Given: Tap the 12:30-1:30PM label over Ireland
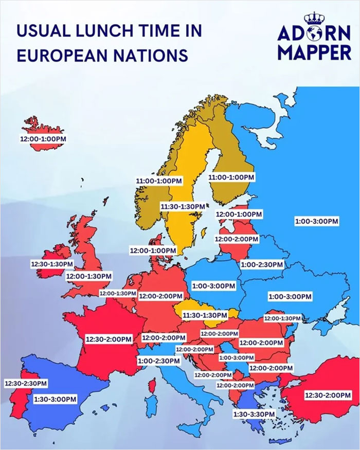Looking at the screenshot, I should pyautogui.click(x=51, y=263).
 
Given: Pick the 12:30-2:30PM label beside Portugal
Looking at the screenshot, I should pyautogui.click(x=26, y=383).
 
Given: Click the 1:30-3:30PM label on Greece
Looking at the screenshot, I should pyautogui.click(x=254, y=413).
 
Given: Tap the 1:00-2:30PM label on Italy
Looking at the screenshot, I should pyautogui.click(x=159, y=361).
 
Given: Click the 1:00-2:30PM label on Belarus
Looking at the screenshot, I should pyautogui.click(x=262, y=264).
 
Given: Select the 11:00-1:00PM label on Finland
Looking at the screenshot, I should pyautogui.click(x=231, y=176).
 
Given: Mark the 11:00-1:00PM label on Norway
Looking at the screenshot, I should pyautogui.click(x=159, y=181).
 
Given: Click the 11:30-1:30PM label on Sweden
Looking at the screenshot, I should pyautogui.click(x=183, y=206).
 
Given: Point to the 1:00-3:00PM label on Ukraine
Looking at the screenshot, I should pyautogui.click(x=290, y=297).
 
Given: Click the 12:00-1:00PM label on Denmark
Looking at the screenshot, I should pyautogui.click(x=153, y=250).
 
